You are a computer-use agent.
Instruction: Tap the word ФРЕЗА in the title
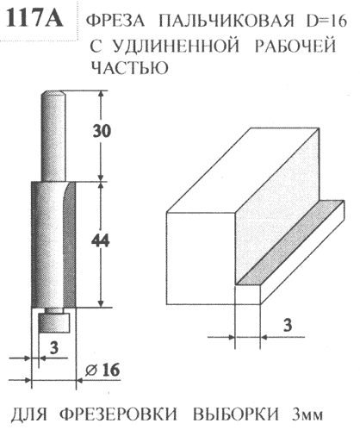[x=115, y=21]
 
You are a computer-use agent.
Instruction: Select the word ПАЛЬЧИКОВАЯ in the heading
[x=227, y=21]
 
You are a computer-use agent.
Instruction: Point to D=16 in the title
[x=326, y=21]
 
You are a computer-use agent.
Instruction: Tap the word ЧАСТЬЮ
[x=129, y=67]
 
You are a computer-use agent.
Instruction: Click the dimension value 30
[x=102, y=131]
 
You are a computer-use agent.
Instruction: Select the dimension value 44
[x=101, y=240]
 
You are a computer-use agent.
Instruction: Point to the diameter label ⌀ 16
[x=102, y=370]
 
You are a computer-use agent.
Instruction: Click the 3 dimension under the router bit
[x=53, y=347]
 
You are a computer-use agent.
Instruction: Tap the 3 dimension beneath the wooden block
[x=288, y=325]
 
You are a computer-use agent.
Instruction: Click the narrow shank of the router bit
[x=53, y=135]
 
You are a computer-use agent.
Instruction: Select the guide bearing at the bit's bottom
[x=54, y=322]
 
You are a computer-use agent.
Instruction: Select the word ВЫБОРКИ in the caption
[x=235, y=414]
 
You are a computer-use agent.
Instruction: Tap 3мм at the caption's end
[x=307, y=414]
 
